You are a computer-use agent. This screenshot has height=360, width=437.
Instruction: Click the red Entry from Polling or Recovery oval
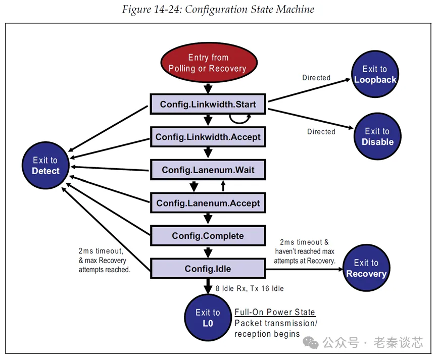(x=208, y=63)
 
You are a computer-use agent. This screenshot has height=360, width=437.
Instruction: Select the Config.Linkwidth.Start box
(x=208, y=105)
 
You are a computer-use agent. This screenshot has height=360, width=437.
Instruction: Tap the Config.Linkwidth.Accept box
(x=208, y=137)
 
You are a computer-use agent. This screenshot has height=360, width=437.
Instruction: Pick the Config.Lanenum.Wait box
(x=208, y=170)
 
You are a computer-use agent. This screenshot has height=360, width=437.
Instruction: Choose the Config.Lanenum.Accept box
(x=208, y=203)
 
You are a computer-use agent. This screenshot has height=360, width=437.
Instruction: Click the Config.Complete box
(x=208, y=236)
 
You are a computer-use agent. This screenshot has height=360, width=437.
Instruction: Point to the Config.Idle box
(x=208, y=269)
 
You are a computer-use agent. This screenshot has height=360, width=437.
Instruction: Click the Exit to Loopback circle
(x=375, y=74)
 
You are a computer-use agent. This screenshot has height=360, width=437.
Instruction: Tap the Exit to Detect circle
(x=45, y=166)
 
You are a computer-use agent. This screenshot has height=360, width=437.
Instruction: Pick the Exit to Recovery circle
(x=366, y=268)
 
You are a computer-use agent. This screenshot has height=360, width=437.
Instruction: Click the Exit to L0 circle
(x=208, y=318)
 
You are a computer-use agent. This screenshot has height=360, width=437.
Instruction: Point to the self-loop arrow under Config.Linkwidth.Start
(x=239, y=118)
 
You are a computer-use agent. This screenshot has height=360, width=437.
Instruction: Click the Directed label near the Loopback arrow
(x=316, y=78)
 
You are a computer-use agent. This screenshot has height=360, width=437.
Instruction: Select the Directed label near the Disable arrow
(x=321, y=132)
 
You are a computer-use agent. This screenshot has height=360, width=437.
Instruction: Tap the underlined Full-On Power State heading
(x=274, y=312)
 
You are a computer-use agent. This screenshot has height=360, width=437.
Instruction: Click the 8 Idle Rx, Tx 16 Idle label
(x=250, y=289)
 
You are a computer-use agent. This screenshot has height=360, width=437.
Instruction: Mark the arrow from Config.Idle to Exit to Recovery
(x=303, y=269)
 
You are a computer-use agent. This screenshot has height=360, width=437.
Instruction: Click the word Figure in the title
(x=137, y=10)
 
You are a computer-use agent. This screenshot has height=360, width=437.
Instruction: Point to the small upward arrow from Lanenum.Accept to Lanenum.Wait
(x=223, y=186)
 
